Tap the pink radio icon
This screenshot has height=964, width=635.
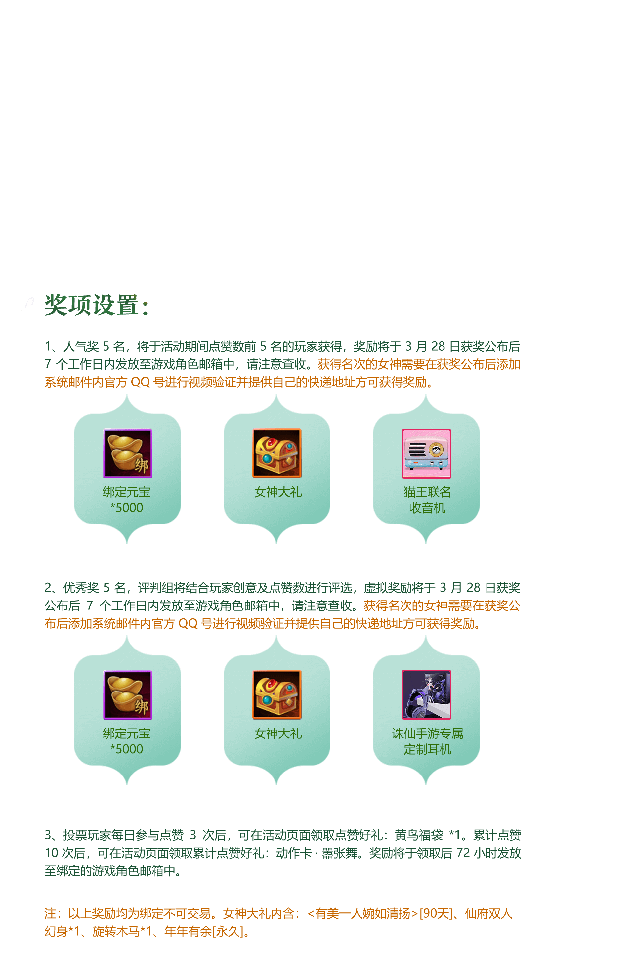pyautogui.click(x=426, y=453)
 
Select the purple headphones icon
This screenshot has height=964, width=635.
pyautogui.click(x=426, y=695)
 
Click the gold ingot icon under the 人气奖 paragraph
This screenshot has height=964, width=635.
pyautogui.click(x=128, y=453)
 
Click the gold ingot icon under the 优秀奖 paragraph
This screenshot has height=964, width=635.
pyautogui.click(x=128, y=695)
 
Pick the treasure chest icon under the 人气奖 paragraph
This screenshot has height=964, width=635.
pyautogui.click(x=277, y=453)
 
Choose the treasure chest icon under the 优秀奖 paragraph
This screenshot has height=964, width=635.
pyautogui.click(x=277, y=695)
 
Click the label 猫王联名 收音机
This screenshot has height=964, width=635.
pyautogui.click(x=427, y=500)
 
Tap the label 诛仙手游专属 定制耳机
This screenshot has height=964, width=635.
pyautogui.click(x=427, y=741)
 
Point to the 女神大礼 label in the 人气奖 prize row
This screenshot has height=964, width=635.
pyautogui.click(x=278, y=492)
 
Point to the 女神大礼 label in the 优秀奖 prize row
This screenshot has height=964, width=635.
pyautogui.click(x=278, y=733)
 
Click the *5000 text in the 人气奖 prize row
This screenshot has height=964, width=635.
pyautogui.click(x=127, y=508)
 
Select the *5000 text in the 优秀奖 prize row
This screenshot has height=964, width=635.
pyautogui.click(x=127, y=749)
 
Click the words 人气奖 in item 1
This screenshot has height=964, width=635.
pyautogui.click(x=81, y=346)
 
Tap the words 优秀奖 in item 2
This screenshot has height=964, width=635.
pyautogui.click(x=81, y=588)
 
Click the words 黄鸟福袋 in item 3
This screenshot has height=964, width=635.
pyautogui.click(x=419, y=835)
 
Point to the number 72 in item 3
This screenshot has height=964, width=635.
pyautogui.click(x=463, y=853)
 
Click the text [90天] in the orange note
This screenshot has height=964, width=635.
pyautogui.click(x=436, y=914)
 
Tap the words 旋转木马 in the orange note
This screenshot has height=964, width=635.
pyautogui.click(x=116, y=932)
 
